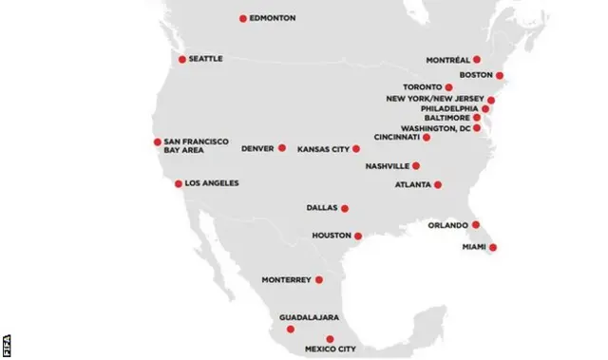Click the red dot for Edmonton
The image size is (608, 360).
pos(243,18)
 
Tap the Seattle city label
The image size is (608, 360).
pos(205,59)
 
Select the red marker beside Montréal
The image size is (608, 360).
pos(476,60)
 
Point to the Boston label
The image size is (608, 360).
pos(474,75)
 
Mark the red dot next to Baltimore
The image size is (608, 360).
pos(477,118)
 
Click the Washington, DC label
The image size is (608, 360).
pos(435,128)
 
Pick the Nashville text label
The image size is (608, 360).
pos(387,166)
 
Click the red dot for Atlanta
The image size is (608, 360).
pos(438,185)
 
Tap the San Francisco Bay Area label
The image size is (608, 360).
pos(197,146)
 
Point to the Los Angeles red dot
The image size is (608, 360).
pos(179,183)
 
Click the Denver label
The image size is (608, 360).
pos(257,148)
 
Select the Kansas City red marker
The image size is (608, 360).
pos(356,149)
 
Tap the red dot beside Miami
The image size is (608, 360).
pos(492,247)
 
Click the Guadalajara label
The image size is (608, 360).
pos(309,317)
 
